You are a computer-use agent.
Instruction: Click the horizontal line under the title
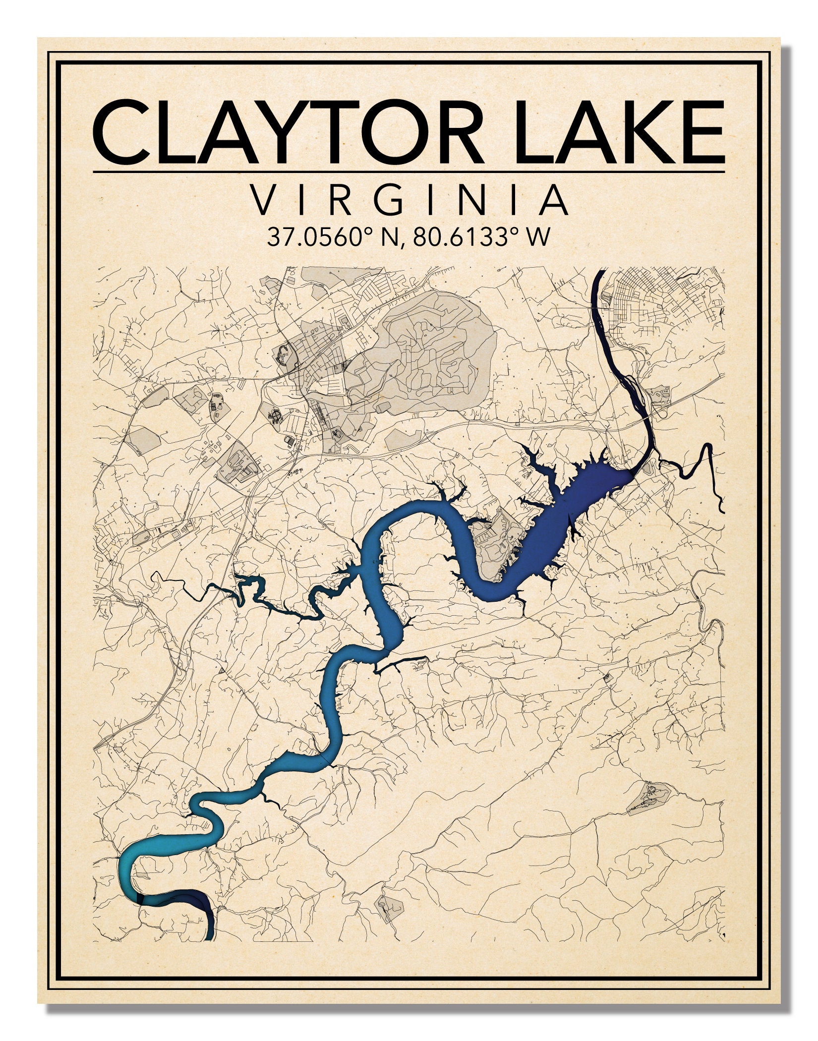409,172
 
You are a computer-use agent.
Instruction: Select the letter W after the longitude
539,237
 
